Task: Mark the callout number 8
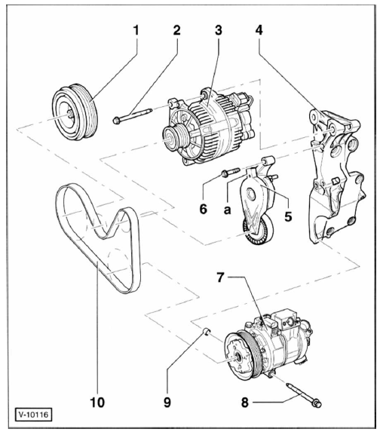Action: [x=244, y=403]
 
